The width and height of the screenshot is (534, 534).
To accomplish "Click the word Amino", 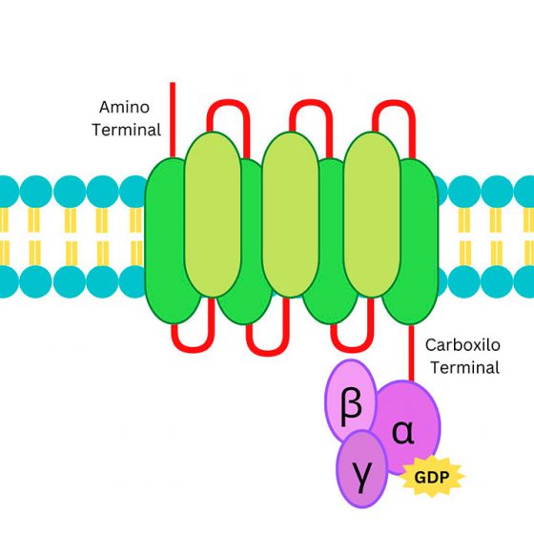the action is tap(124, 107).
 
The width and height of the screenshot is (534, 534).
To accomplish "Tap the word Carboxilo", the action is tap(462, 345).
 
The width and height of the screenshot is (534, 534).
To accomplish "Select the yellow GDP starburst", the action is tap(432, 477).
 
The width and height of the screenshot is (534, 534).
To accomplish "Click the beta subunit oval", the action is tap(351, 400).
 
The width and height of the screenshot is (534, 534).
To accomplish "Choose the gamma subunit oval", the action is tap(361, 469).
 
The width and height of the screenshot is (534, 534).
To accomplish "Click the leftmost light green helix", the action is tap(213, 215).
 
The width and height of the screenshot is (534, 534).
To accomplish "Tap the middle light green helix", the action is tap(291, 215).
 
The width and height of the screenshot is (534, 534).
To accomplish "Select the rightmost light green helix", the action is tap(372, 215).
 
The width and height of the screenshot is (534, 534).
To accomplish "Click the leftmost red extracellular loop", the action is tap(228, 101).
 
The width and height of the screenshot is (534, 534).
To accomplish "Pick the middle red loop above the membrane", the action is tap(311, 101).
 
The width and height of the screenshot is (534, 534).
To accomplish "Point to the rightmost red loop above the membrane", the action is tap(394, 101).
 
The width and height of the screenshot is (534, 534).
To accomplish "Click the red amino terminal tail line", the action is tap(173, 120).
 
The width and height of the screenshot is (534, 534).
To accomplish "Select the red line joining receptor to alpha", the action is tap(411, 353).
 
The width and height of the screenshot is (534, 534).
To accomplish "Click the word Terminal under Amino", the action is tap(126, 130).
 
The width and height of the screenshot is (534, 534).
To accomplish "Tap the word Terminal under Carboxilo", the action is tap(465, 368).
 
